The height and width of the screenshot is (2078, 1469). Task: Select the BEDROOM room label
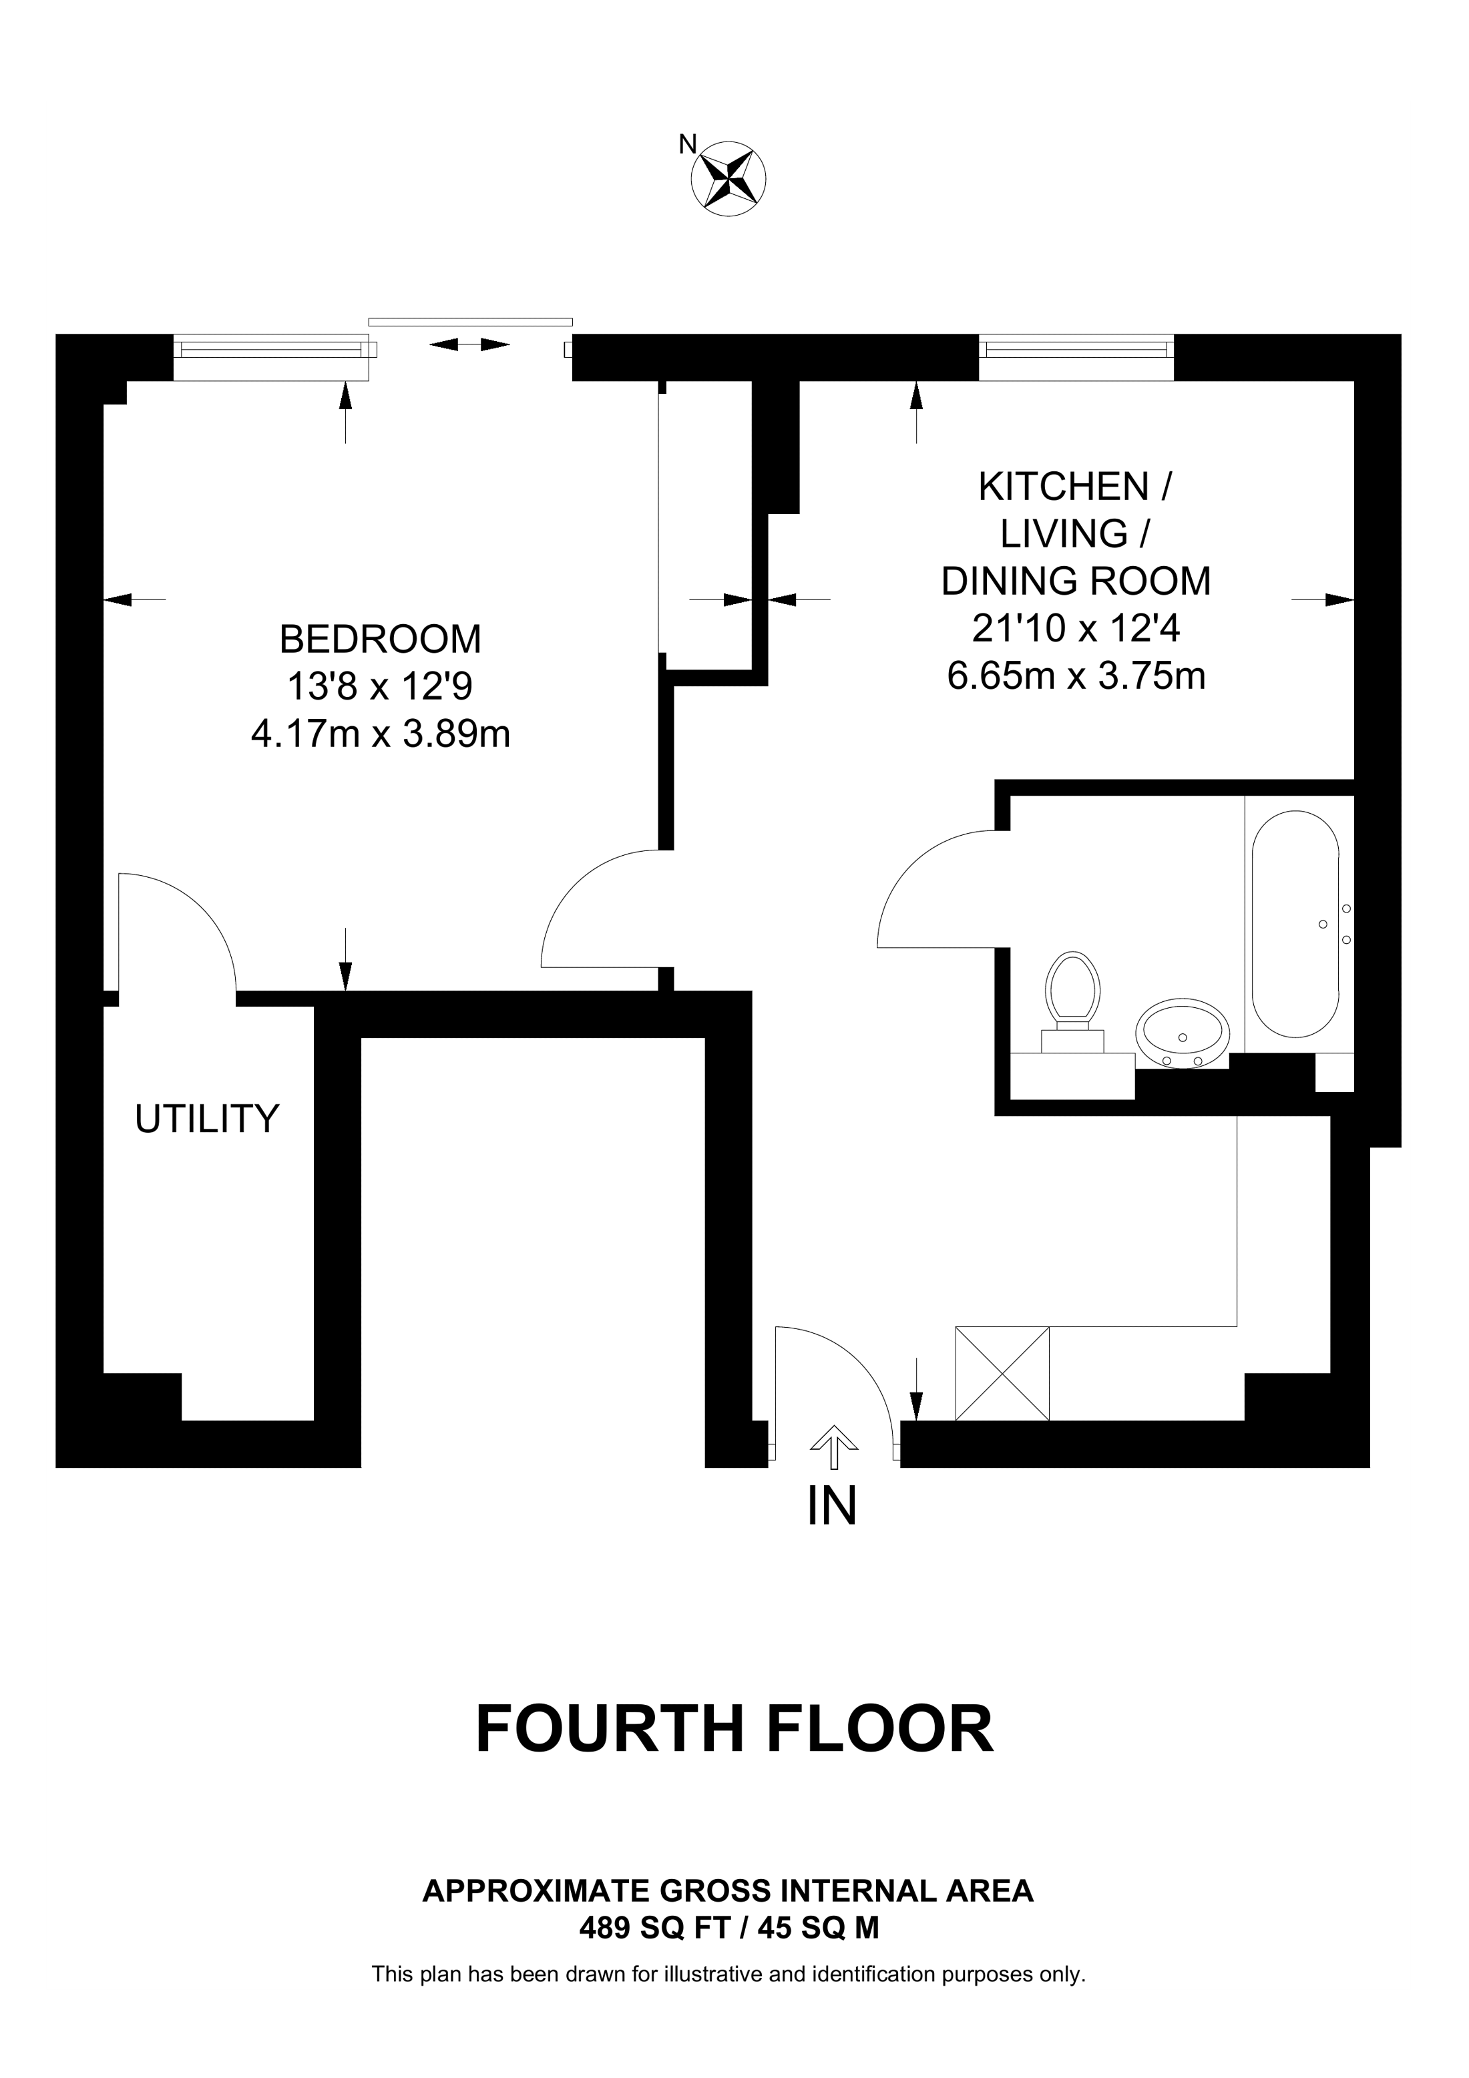[380, 640]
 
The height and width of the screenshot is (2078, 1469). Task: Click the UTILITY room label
[207, 1119]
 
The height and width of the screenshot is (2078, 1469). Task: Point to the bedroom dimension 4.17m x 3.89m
[380, 734]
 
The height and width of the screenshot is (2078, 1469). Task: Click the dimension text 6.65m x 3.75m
[1076, 676]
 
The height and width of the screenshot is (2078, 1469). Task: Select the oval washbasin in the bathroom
[1183, 1033]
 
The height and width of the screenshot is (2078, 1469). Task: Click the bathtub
[1295, 923]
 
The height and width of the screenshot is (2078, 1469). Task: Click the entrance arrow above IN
[833, 1447]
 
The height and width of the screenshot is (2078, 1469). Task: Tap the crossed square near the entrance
[1003, 1374]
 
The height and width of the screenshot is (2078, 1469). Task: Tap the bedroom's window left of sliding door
[272, 358]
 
